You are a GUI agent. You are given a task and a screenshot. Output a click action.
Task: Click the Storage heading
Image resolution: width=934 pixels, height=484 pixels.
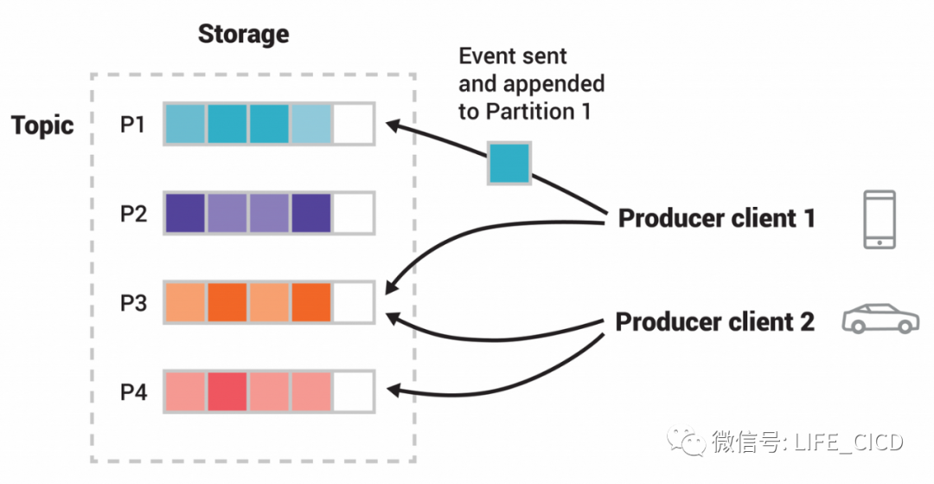(243, 35)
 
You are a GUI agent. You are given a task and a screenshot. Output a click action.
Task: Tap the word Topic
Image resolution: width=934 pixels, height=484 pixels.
(42, 126)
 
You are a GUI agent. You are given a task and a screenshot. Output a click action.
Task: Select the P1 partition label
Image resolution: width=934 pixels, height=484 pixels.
(133, 125)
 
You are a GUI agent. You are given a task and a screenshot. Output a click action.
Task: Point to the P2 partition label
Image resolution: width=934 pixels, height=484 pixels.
(133, 214)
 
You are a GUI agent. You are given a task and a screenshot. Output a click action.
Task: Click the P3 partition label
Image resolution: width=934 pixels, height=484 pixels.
(133, 303)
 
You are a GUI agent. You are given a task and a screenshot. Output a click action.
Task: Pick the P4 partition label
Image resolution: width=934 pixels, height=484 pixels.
(133, 392)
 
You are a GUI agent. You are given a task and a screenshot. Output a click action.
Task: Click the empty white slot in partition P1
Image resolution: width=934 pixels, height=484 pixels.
(354, 124)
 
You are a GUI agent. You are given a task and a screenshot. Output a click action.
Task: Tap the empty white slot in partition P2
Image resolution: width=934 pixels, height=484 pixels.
(354, 213)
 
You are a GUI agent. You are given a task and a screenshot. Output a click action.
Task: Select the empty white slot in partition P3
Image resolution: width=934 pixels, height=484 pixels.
(354, 302)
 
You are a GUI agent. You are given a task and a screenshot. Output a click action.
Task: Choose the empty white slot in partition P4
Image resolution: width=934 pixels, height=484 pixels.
(354, 391)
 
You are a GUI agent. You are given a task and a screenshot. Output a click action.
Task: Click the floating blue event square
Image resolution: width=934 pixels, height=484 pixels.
(509, 164)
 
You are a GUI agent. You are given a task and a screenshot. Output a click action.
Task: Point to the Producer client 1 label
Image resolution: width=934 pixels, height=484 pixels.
(716, 218)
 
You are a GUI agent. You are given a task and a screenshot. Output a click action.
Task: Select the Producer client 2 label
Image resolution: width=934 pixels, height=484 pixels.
(714, 322)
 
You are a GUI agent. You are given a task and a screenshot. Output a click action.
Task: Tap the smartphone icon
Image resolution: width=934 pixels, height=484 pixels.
(880, 220)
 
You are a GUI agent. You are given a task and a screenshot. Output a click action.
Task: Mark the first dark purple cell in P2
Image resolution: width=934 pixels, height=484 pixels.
(184, 213)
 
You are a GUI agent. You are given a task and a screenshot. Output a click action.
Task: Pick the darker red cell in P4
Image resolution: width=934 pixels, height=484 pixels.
(227, 391)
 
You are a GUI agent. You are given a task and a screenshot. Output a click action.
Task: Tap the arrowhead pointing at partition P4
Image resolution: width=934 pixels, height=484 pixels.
(393, 392)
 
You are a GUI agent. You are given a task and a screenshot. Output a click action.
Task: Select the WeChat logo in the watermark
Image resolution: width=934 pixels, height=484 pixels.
(693, 443)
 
